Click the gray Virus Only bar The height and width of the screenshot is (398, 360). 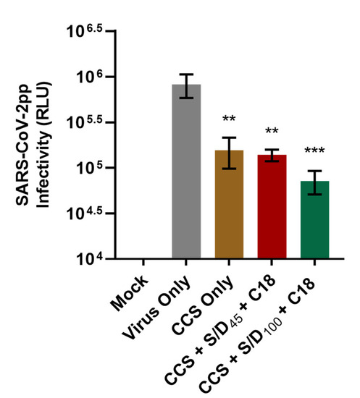click(x=186, y=174)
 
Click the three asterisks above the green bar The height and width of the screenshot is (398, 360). click(x=314, y=151)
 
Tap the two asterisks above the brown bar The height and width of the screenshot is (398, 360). click(x=229, y=119)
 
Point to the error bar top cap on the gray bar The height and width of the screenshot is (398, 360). click(x=186, y=75)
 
